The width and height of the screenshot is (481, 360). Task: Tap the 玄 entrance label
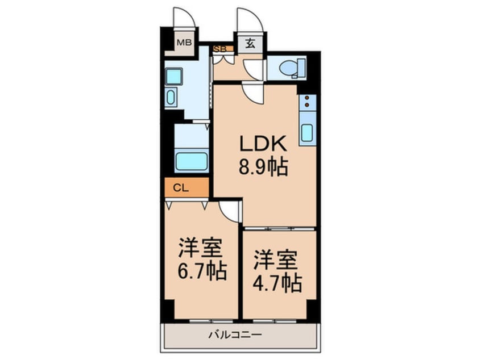click(x=250, y=43)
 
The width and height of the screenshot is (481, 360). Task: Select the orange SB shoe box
click(x=220, y=49)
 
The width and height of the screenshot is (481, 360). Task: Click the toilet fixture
click(x=292, y=68)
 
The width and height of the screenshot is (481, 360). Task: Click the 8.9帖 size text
click(x=263, y=168)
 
